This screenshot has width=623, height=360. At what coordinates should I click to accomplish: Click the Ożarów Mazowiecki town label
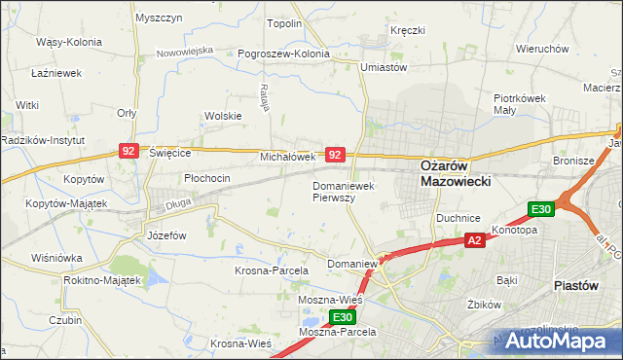455,173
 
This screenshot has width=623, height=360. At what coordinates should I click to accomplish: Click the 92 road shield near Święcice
128,151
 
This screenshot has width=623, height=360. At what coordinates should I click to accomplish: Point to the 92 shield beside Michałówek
335,155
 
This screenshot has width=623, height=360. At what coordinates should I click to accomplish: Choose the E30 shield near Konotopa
542,208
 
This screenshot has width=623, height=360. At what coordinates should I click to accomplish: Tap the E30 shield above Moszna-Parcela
341,317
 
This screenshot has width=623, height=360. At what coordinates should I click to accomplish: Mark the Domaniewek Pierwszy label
348,191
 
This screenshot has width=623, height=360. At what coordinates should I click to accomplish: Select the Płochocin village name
207,178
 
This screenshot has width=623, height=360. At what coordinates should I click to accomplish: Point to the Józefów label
165,235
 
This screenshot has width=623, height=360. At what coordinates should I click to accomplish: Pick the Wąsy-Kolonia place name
62,42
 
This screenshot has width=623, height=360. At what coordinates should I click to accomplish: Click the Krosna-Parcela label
272,270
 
